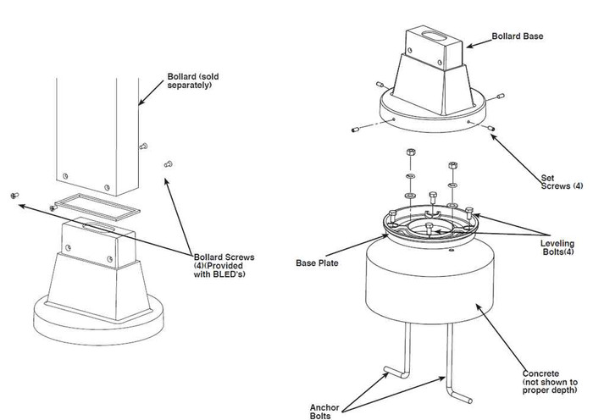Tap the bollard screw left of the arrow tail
(14, 196)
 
